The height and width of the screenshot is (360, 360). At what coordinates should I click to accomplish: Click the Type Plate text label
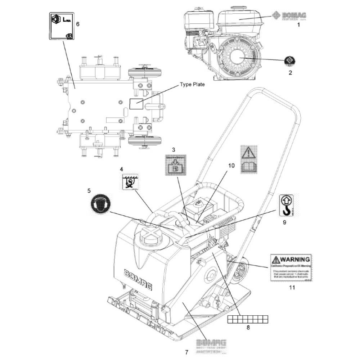[x=192, y=85]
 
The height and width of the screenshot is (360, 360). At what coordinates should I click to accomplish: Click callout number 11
[x=292, y=287]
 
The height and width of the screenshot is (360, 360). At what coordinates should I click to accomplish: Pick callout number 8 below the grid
[x=248, y=327]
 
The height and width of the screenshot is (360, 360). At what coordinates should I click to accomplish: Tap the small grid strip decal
[x=248, y=318]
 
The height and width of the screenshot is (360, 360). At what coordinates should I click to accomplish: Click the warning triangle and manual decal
[x=249, y=159]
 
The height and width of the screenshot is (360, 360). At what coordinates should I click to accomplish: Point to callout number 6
[x=77, y=24]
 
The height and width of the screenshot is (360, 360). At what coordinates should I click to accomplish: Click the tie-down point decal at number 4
[x=128, y=181]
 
